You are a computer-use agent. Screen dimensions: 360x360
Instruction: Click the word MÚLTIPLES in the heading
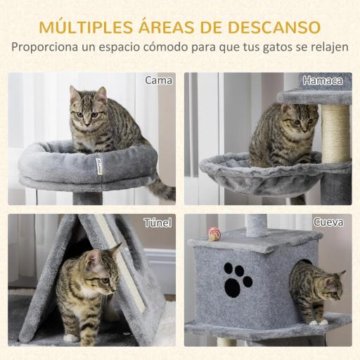[x=82, y=27]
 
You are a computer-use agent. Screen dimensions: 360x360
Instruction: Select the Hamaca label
[x=323, y=80]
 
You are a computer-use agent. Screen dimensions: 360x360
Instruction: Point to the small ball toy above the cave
[x=213, y=233]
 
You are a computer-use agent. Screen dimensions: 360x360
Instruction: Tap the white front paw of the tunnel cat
[x=72, y=337]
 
